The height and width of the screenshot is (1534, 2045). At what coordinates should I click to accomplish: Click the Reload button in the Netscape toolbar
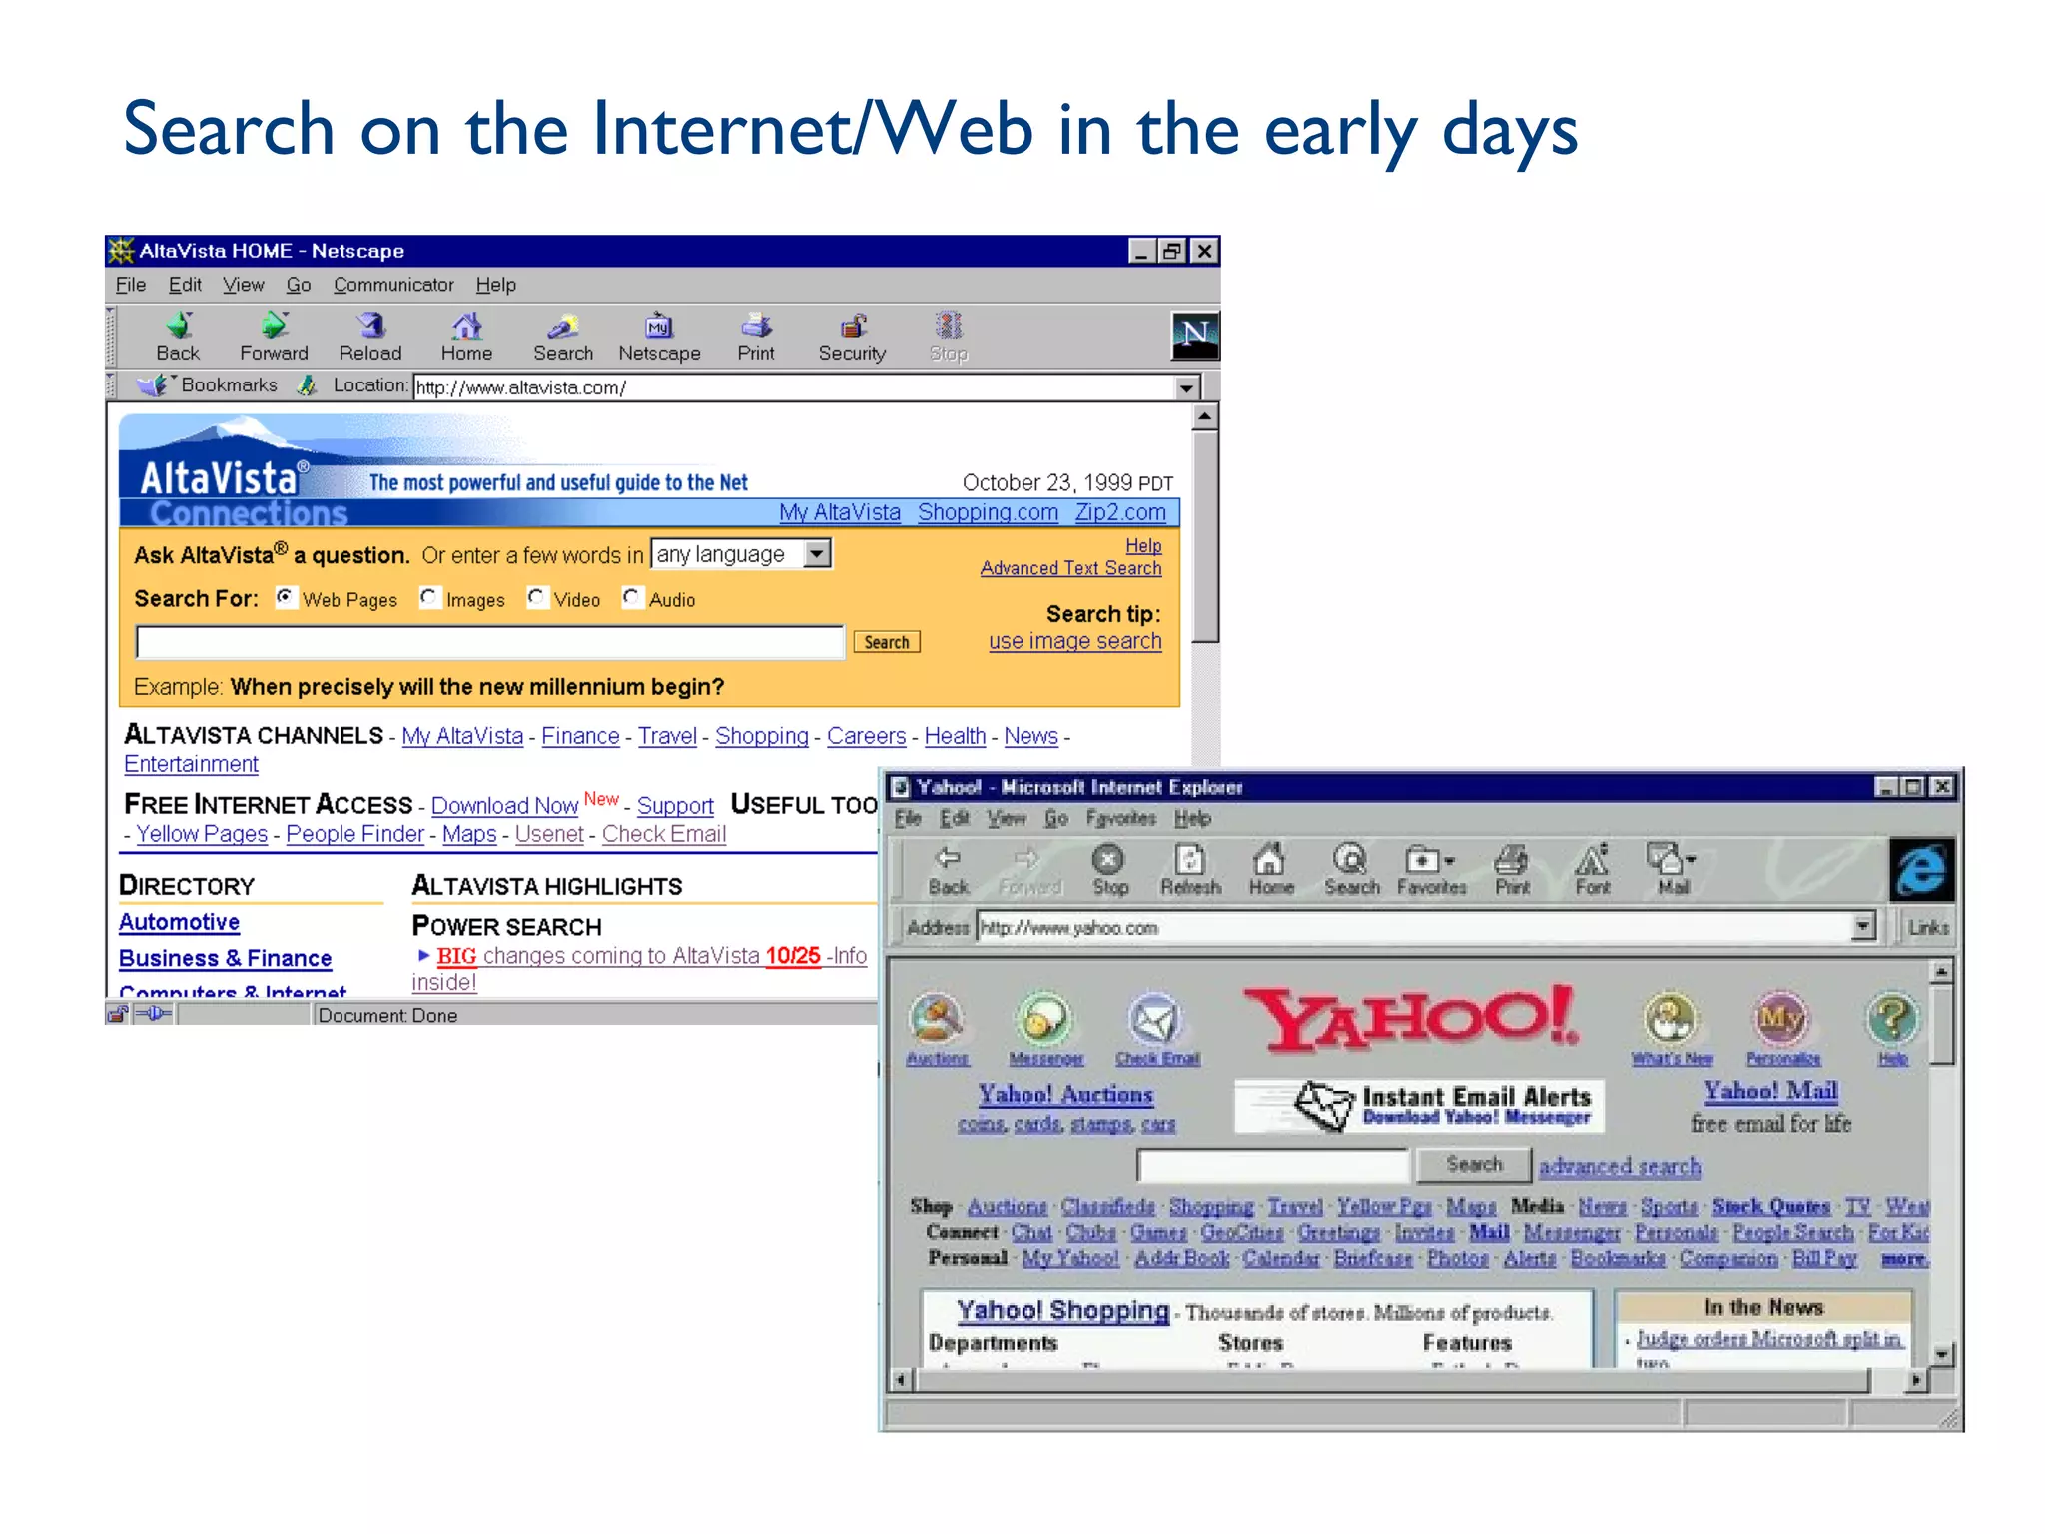[x=370, y=337]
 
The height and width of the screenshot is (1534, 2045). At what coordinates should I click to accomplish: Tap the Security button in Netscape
[x=852, y=337]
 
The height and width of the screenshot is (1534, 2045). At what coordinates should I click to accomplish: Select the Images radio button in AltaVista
[x=429, y=597]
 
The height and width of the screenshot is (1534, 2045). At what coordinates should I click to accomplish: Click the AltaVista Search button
[x=887, y=642]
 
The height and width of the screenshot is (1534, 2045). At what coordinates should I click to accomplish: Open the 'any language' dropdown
[x=817, y=553]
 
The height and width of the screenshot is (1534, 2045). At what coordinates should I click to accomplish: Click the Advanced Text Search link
[x=1070, y=568]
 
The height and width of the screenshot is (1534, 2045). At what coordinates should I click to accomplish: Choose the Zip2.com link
[x=1120, y=512]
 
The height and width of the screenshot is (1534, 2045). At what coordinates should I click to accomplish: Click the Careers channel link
[x=866, y=736]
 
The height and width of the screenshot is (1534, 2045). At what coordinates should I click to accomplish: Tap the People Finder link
[x=354, y=834]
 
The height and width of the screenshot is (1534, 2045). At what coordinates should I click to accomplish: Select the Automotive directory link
[x=180, y=922]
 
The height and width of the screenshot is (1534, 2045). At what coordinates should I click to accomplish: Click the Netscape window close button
[x=1205, y=251]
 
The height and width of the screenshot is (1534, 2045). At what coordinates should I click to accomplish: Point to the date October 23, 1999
[x=1066, y=483]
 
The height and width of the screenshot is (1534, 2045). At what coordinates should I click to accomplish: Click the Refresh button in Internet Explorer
[x=1190, y=869]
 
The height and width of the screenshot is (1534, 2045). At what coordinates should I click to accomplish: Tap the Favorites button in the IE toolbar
[x=1430, y=869]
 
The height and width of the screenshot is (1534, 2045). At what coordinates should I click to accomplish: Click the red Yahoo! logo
[x=1412, y=1019]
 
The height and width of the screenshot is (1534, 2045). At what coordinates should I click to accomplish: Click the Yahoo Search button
[x=1474, y=1164]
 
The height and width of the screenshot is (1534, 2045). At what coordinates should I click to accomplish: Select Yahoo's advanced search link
[x=1620, y=1166]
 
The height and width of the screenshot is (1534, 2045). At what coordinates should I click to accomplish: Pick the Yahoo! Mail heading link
[x=1771, y=1091]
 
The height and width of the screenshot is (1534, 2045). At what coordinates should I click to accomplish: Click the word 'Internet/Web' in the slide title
[x=812, y=130]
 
